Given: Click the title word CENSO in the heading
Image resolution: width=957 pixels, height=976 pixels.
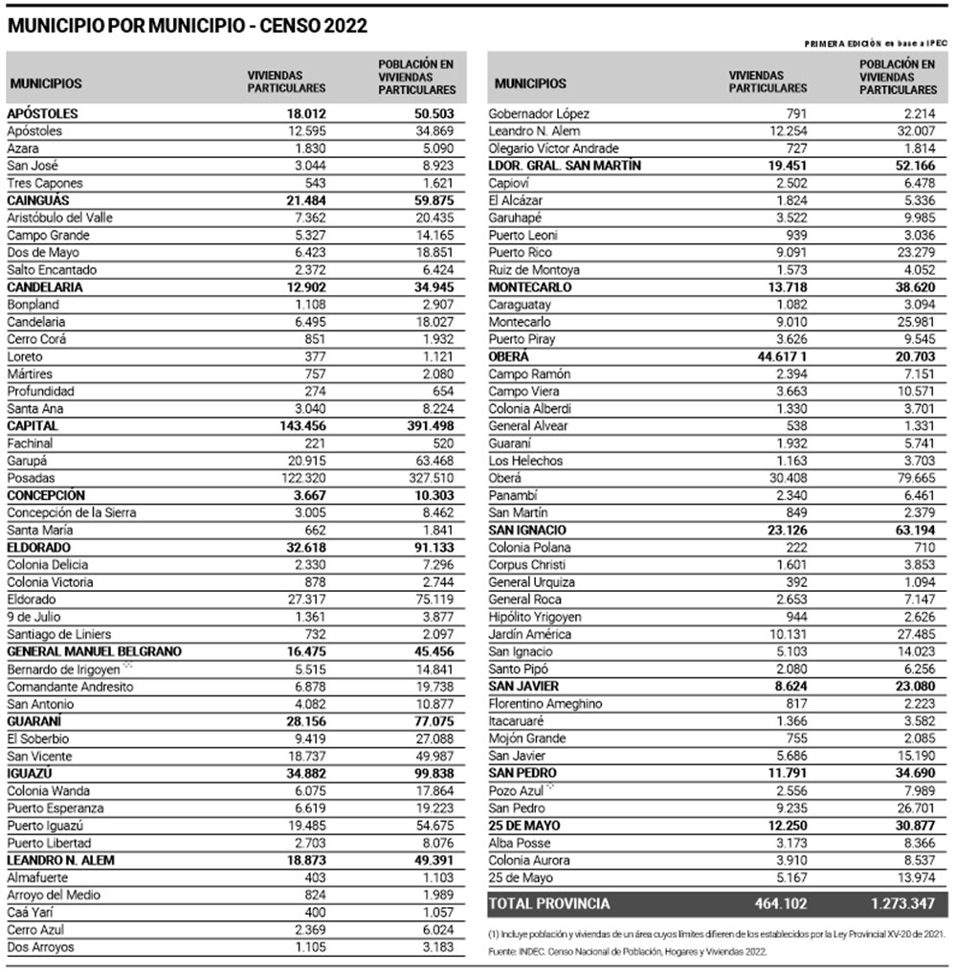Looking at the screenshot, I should coord(287,26).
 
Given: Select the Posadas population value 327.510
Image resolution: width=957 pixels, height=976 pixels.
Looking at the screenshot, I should coord(432,478).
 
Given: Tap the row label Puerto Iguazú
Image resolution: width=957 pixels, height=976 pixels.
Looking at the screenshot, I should coord(49,825).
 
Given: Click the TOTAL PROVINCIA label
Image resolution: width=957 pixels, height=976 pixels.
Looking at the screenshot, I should coord(550,903).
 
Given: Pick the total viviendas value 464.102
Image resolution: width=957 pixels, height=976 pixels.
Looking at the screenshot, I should coord(780,903).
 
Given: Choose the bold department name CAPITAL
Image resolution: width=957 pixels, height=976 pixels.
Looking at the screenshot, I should coord(33,425).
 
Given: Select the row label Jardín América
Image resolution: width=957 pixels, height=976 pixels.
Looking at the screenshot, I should coord(530,634).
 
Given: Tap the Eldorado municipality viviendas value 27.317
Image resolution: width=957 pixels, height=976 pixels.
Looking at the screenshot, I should coord(305,600).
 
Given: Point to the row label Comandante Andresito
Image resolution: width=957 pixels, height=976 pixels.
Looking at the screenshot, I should coord(64,687).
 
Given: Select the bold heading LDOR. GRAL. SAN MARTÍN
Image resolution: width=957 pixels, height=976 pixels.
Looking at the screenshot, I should coord(565,166).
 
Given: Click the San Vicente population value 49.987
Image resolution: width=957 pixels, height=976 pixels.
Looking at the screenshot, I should coord(434,756).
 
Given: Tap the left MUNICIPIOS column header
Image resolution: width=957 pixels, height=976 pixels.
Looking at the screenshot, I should coord(46,83).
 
